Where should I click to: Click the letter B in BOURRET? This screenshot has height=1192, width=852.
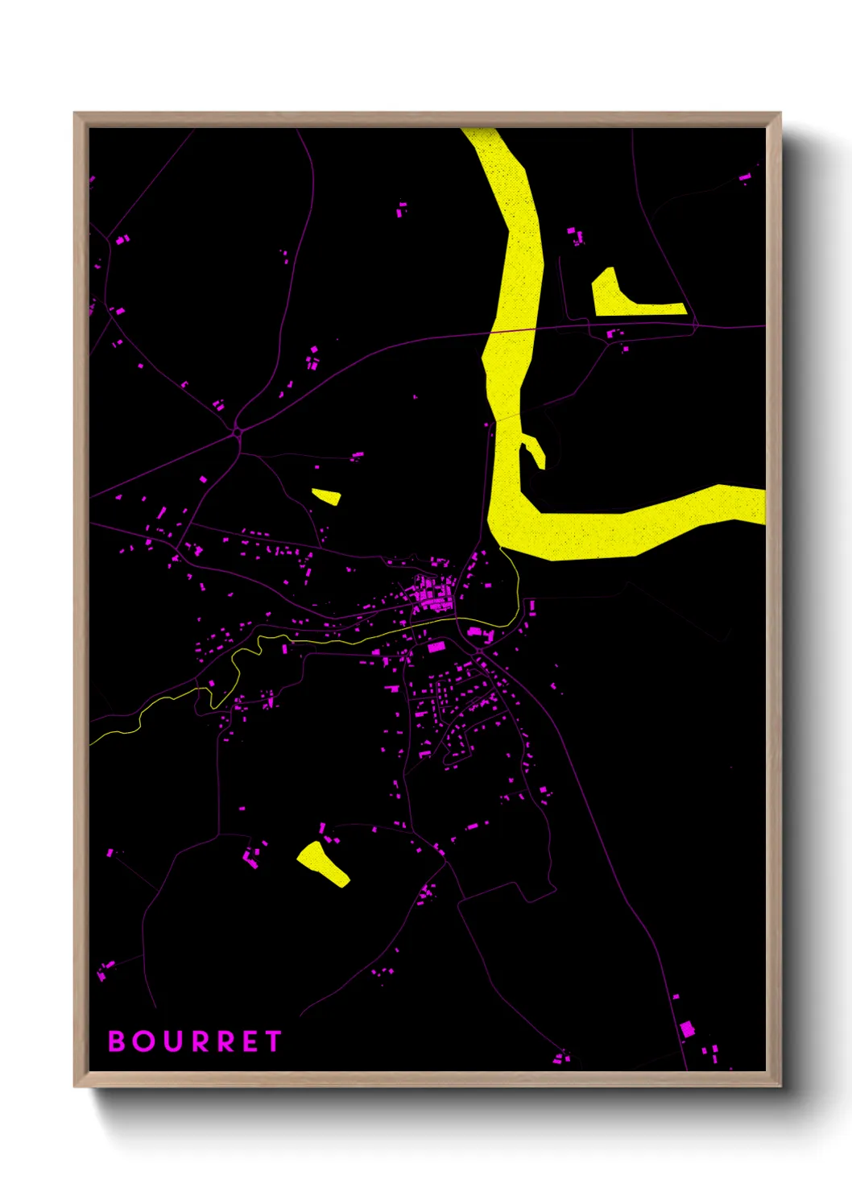pyautogui.click(x=117, y=1041)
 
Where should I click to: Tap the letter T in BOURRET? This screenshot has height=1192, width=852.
pyautogui.click(x=273, y=1041)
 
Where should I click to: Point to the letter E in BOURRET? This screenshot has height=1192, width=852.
pyautogui.click(x=249, y=1041)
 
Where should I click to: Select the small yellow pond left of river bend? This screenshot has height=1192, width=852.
pyautogui.click(x=327, y=496)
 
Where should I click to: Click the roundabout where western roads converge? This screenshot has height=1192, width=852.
pyautogui.click(x=238, y=433)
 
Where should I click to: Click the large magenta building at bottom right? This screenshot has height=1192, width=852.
pyautogui.click(x=687, y=1029)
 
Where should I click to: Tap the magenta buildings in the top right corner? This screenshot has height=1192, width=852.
pyautogui.click(x=746, y=176)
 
